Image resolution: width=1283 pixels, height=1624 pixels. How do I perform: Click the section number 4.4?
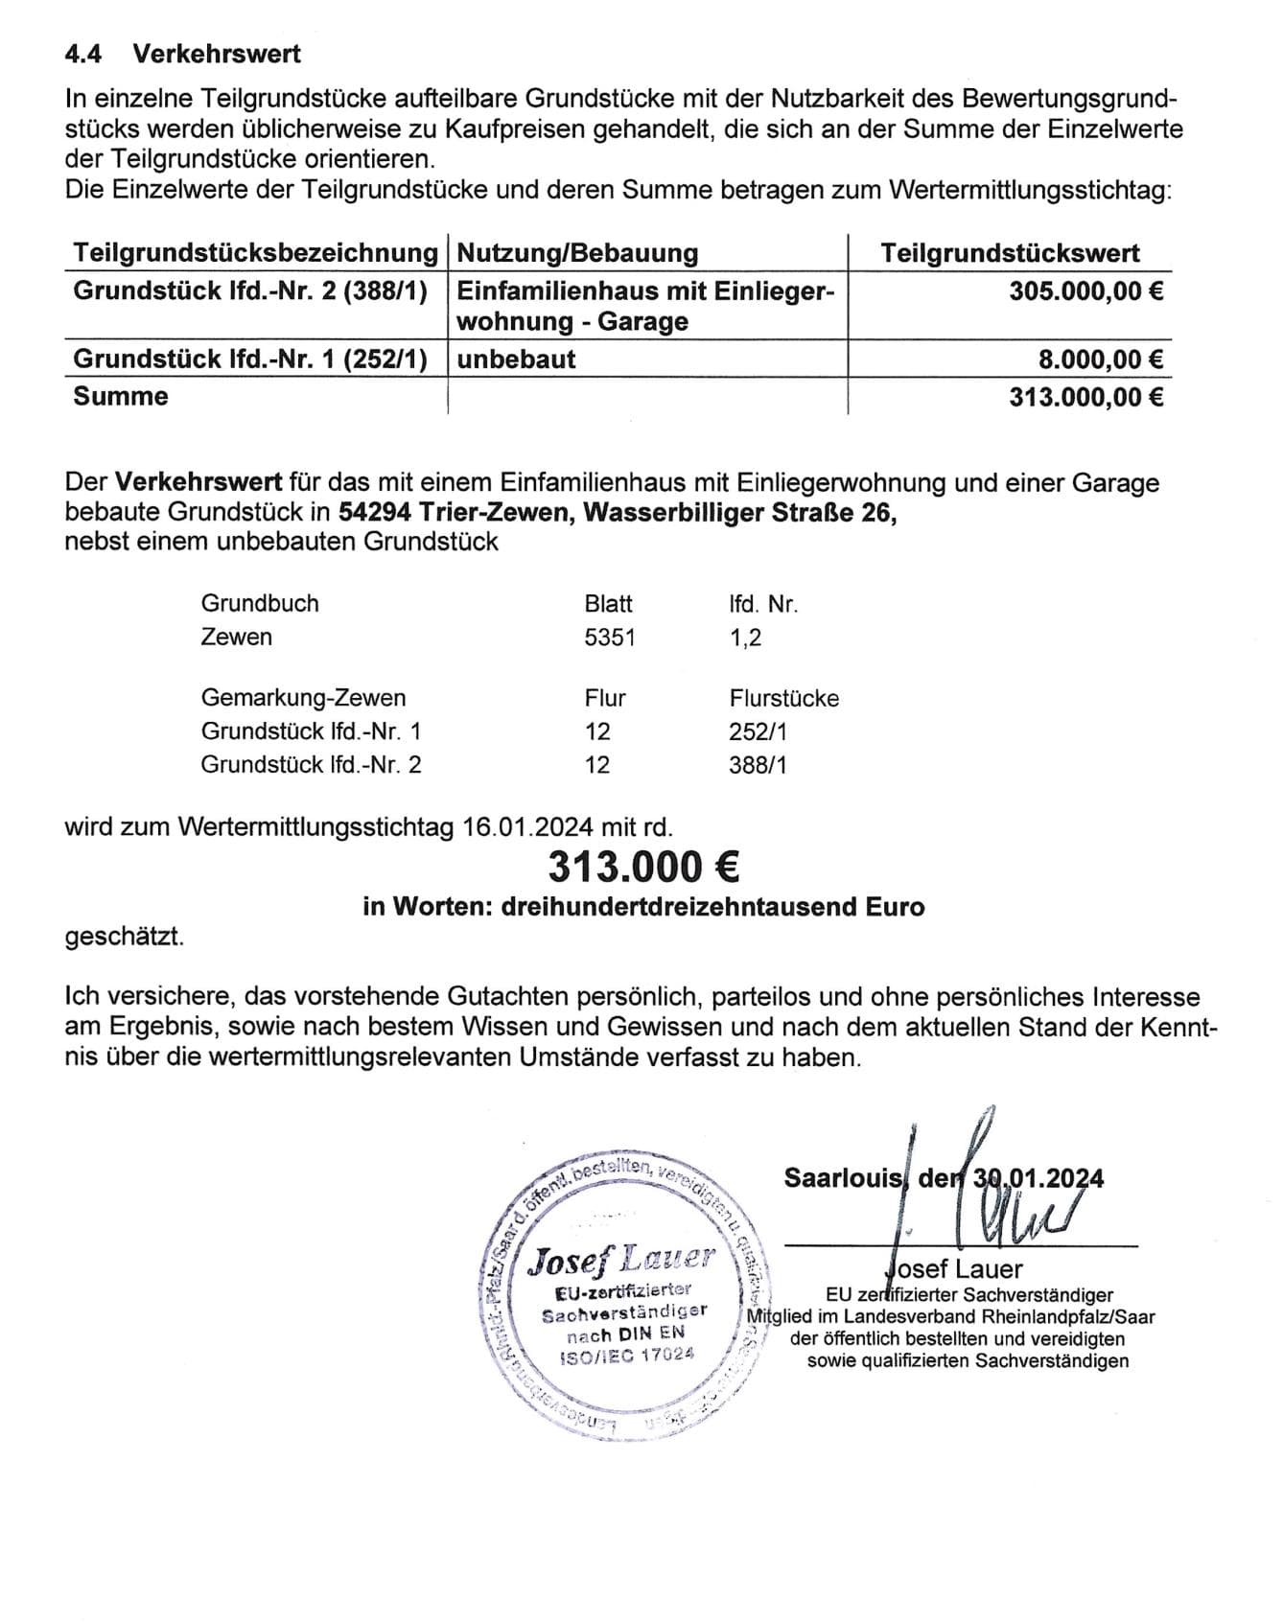point(82,54)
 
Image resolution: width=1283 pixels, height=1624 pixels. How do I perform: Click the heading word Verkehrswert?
point(217,54)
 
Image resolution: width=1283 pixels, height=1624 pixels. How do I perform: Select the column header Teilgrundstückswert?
point(1010,253)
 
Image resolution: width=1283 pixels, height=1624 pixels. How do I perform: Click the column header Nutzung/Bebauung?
point(577,253)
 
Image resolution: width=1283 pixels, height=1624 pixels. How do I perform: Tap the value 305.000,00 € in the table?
point(1085,290)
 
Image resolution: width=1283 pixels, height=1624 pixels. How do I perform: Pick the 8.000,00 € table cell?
point(1101,360)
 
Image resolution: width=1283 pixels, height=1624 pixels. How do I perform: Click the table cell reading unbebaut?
point(516,360)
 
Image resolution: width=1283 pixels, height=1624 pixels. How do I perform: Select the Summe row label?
point(121,396)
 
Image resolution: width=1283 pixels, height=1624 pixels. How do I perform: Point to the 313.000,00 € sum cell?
point(1085,396)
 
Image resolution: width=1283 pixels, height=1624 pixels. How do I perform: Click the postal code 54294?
point(375,513)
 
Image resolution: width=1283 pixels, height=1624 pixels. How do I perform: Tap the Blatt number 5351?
point(610,638)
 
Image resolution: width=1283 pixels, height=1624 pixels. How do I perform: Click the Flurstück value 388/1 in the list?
point(758,765)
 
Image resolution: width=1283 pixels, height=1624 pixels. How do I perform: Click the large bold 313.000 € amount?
point(643,868)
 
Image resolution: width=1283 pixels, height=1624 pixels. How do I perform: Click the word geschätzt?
point(124,937)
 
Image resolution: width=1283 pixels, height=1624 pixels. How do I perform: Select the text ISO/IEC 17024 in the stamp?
point(626,1356)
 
